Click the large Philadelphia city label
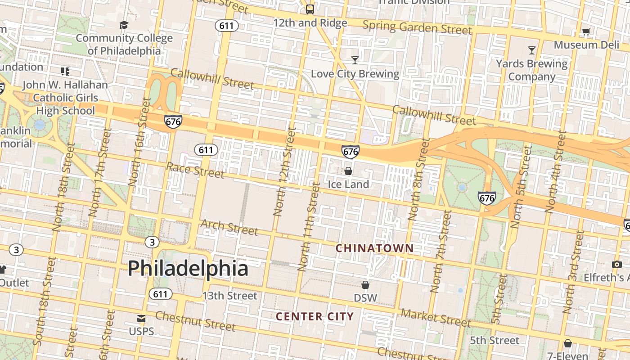[x=188, y=268]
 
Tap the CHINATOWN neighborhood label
[x=374, y=248]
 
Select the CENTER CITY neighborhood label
[x=315, y=316]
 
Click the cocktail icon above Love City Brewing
[x=355, y=60]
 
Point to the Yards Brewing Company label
[x=532, y=70]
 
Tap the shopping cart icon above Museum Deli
[x=586, y=31]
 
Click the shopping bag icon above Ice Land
[x=348, y=171]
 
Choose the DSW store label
[x=365, y=298]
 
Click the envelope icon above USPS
[x=141, y=319]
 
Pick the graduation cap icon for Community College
[x=124, y=24]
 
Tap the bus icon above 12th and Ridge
[x=310, y=9]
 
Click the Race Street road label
[x=195, y=170]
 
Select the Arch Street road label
[x=229, y=227]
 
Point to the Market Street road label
[x=436, y=318]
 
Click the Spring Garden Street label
[x=417, y=27]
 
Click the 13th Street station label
[x=229, y=296]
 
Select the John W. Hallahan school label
[x=65, y=98]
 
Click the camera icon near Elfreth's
[x=616, y=264]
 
